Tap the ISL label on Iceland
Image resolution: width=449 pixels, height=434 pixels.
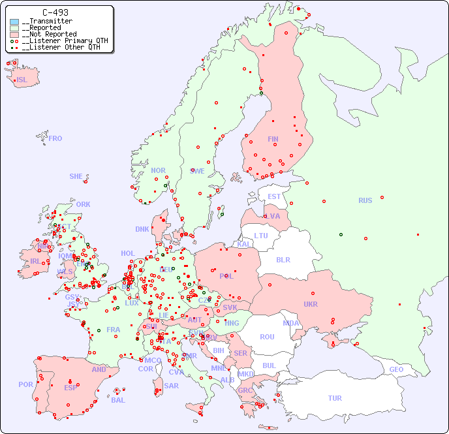[22, 80]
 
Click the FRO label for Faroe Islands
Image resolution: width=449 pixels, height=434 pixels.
[55, 138]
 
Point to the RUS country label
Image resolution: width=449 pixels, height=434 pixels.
[365, 200]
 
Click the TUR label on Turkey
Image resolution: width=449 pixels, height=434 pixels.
[335, 398]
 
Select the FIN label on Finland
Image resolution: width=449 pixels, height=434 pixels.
[273, 139]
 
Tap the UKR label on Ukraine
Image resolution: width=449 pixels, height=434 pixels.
[311, 304]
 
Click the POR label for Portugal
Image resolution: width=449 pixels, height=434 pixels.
[25, 384]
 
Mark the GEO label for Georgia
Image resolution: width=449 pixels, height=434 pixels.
[396, 369]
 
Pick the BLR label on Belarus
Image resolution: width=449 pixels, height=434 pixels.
[283, 259]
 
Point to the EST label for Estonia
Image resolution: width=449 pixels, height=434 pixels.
[274, 196]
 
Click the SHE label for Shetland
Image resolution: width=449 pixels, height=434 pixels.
[76, 176]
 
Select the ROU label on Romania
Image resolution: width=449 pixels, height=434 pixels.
[267, 337]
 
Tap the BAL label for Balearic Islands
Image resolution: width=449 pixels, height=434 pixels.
[118, 400]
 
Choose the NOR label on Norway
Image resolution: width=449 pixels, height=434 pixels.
[158, 170]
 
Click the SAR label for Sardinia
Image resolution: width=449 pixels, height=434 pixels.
[171, 385]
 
